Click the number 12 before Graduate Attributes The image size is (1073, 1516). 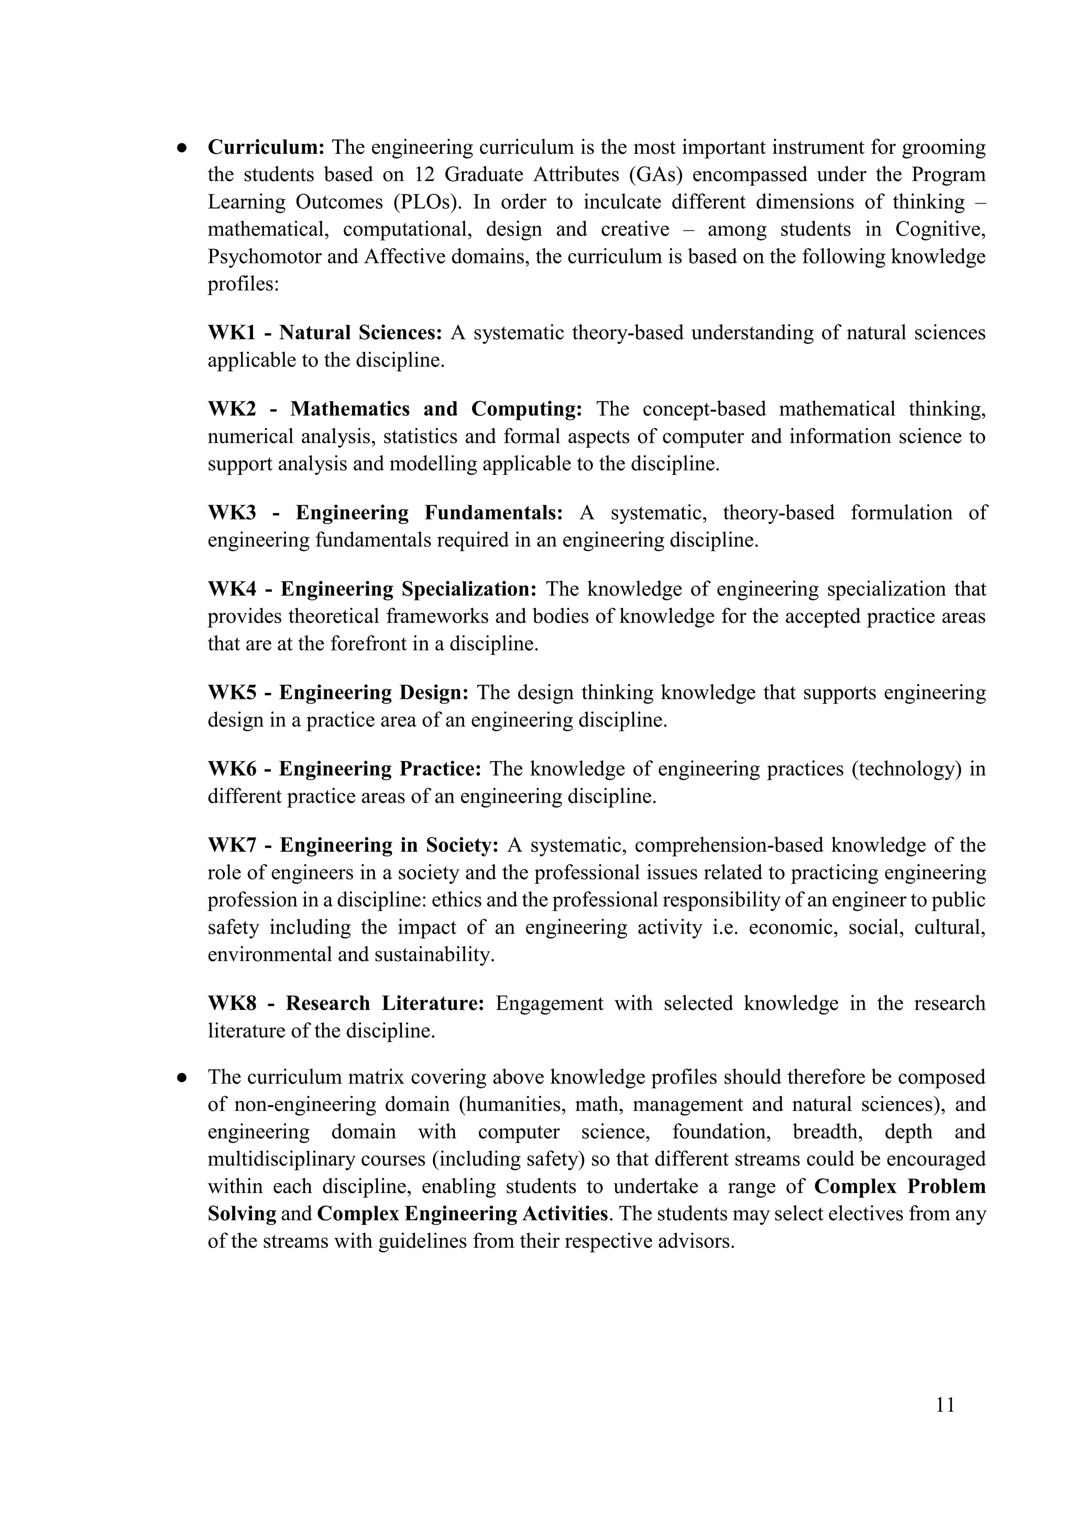point(425,175)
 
